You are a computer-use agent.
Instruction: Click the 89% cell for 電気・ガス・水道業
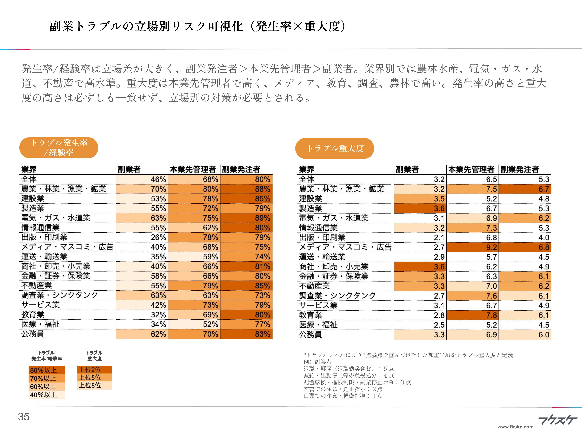pos(246,218)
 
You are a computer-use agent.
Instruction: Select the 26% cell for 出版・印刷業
pos(142,237)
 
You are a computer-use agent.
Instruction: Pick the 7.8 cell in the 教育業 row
pos(473,315)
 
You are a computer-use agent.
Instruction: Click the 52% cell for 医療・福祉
pos(194,324)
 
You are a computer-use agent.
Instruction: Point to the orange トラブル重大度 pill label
pos(335,148)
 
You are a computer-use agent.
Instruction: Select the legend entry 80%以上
pos(47,370)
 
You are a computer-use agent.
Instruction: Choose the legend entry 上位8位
pos(94,385)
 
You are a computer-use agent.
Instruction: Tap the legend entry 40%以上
pos(47,395)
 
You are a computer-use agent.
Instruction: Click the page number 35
pos(24,417)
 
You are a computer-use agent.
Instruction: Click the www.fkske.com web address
pos(515,427)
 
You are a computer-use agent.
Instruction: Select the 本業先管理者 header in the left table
pos(193,169)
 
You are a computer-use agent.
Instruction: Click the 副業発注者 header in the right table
pos(520,169)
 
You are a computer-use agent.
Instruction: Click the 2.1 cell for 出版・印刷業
pos(420,238)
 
